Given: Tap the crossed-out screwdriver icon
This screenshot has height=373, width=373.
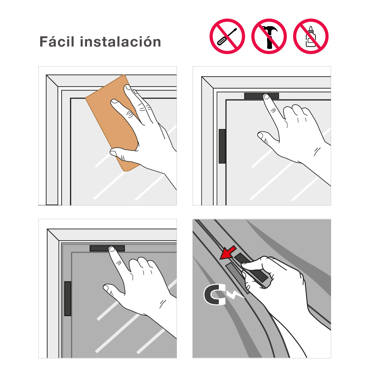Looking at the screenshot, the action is [227, 36].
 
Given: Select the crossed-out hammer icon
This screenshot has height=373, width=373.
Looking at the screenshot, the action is [269, 36].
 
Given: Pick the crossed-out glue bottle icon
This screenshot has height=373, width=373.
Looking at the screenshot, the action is [311, 36].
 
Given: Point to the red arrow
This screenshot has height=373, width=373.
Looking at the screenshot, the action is [228, 252].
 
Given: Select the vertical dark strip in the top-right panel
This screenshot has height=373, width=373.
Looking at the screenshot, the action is [222, 146].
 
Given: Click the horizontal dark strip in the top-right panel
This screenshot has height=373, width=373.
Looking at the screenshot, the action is [261, 96].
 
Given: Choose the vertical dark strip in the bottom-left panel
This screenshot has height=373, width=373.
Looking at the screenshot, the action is [67, 299].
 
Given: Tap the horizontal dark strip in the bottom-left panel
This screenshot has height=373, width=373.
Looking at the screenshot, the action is [107, 248].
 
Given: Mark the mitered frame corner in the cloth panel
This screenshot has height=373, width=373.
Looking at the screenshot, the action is [52, 81].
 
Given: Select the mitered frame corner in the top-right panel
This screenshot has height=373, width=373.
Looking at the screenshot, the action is [207, 82].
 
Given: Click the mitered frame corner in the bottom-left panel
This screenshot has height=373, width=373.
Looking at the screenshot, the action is [53, 235].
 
